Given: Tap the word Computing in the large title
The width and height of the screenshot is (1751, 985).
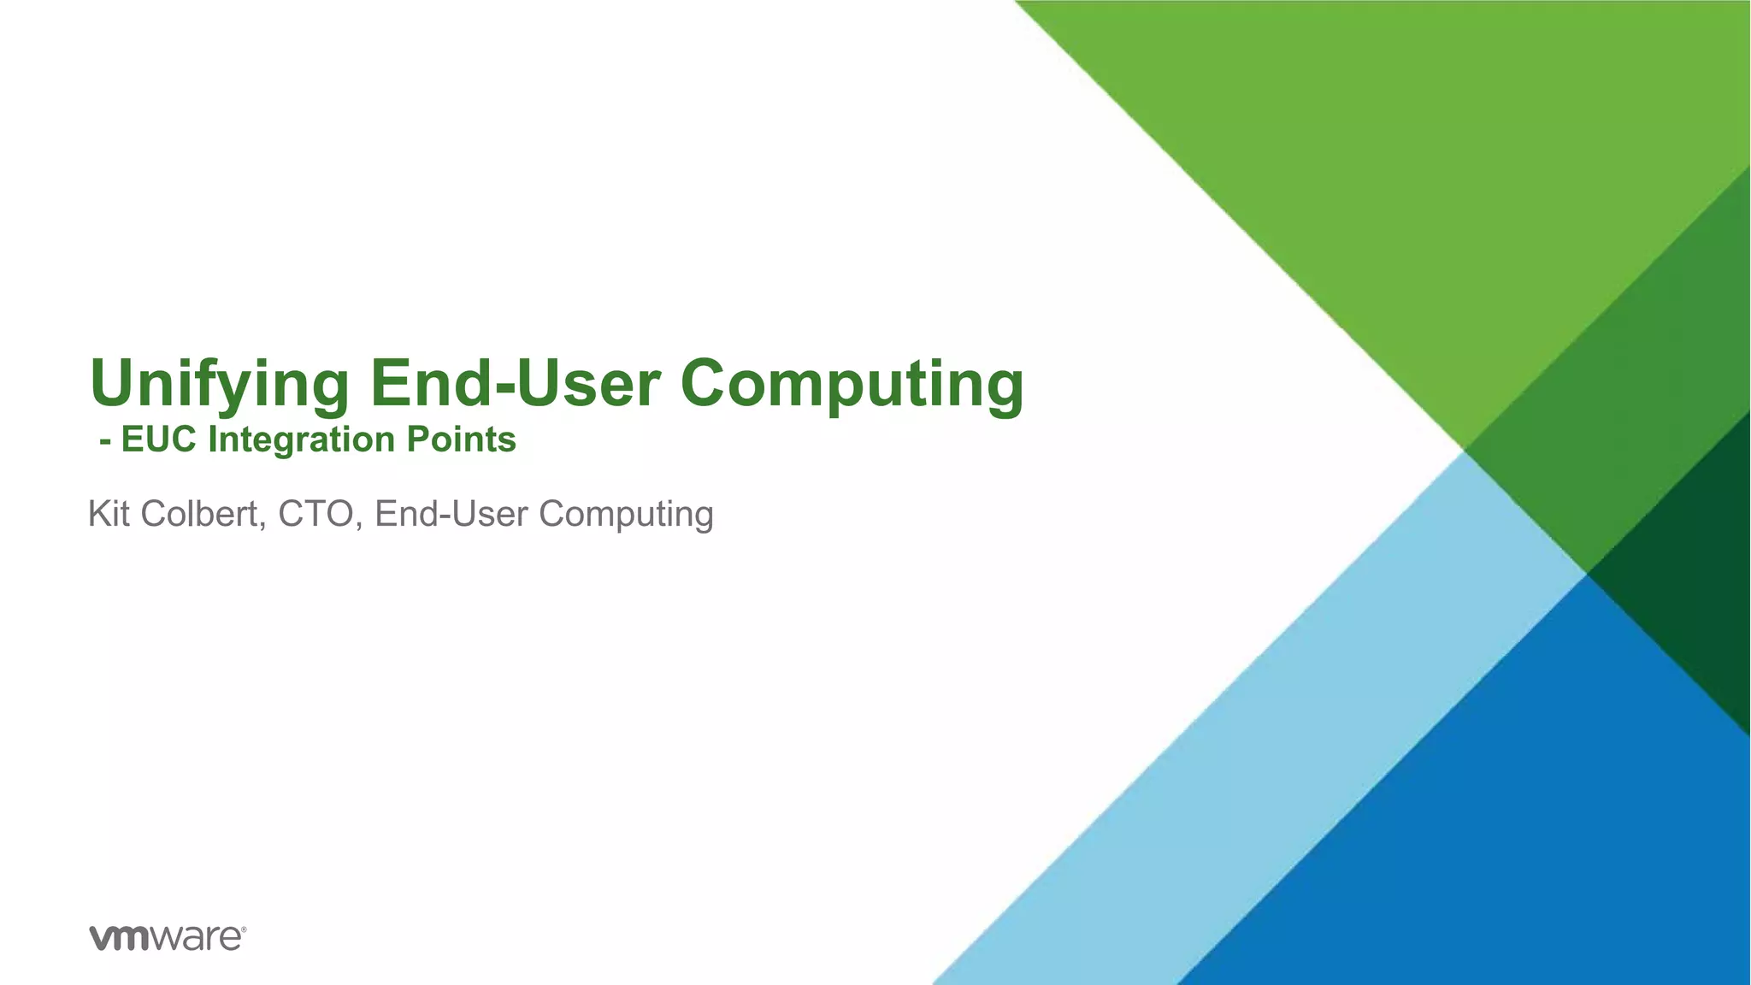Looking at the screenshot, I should [852, 385].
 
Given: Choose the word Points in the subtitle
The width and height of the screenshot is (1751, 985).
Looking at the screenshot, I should [461, 439].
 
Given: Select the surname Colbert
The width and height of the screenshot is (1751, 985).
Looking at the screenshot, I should [203, 514].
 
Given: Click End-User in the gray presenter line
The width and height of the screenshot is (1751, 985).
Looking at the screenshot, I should [451, 514].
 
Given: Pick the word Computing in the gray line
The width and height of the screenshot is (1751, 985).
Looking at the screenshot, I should [626, 515].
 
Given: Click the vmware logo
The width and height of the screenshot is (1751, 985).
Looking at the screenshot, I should [168, 937].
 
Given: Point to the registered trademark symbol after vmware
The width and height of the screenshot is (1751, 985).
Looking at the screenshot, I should [244, 928].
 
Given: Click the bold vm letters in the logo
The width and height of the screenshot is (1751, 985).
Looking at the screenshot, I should [121, 938].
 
